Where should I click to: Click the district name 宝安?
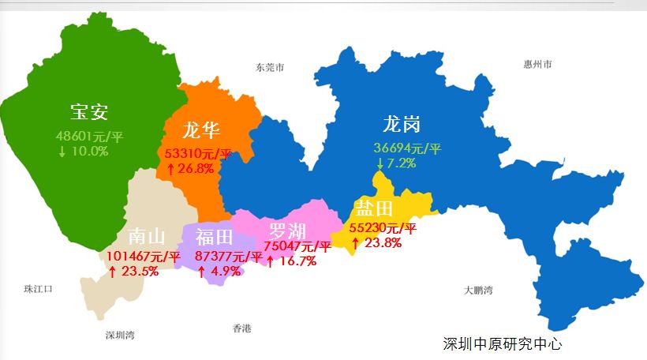(89, 111)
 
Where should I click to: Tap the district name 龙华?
(201, 129)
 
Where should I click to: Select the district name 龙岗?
(402, 124)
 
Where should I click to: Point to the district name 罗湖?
(287, 231)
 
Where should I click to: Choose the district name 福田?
(215, 236)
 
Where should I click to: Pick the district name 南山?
(148, 236)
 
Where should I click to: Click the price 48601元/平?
(90, 136)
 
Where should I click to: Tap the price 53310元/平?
(198, 153)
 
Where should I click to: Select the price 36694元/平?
(408, 148)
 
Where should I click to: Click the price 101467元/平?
(144, 256)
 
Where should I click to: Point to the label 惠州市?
(537, 64)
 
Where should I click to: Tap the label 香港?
(241, 328)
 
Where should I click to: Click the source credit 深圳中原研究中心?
(503, 344)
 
